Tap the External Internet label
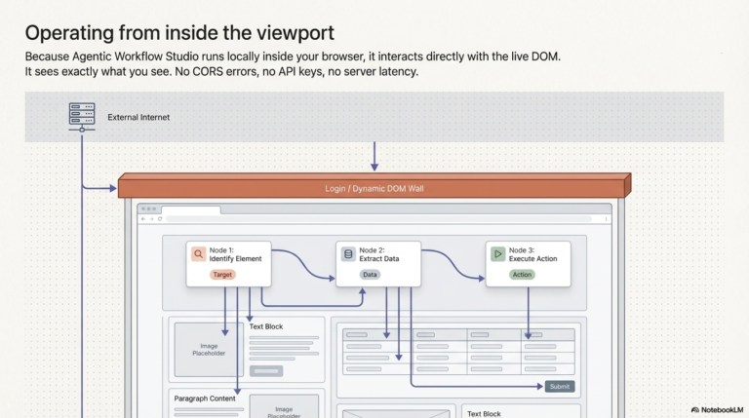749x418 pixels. (138, 117)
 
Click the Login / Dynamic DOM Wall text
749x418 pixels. (374, 188)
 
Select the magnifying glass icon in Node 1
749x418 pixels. (198, 254)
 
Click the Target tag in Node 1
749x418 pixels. (222, 275)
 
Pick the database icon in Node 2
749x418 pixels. (348, 254)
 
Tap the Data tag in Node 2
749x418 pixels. (370, 275)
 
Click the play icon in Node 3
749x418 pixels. (497, 254)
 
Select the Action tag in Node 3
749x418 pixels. (522, 275)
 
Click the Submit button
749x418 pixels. (560, 387)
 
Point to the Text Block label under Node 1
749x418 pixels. (266, 326)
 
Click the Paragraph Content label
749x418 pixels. (205, 399)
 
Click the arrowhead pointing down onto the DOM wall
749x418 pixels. (374, 167)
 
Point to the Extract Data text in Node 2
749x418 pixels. (379, 258)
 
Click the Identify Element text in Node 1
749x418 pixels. (235, 258)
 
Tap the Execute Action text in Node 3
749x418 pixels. (533, 258)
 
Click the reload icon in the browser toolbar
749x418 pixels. (160, 219)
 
